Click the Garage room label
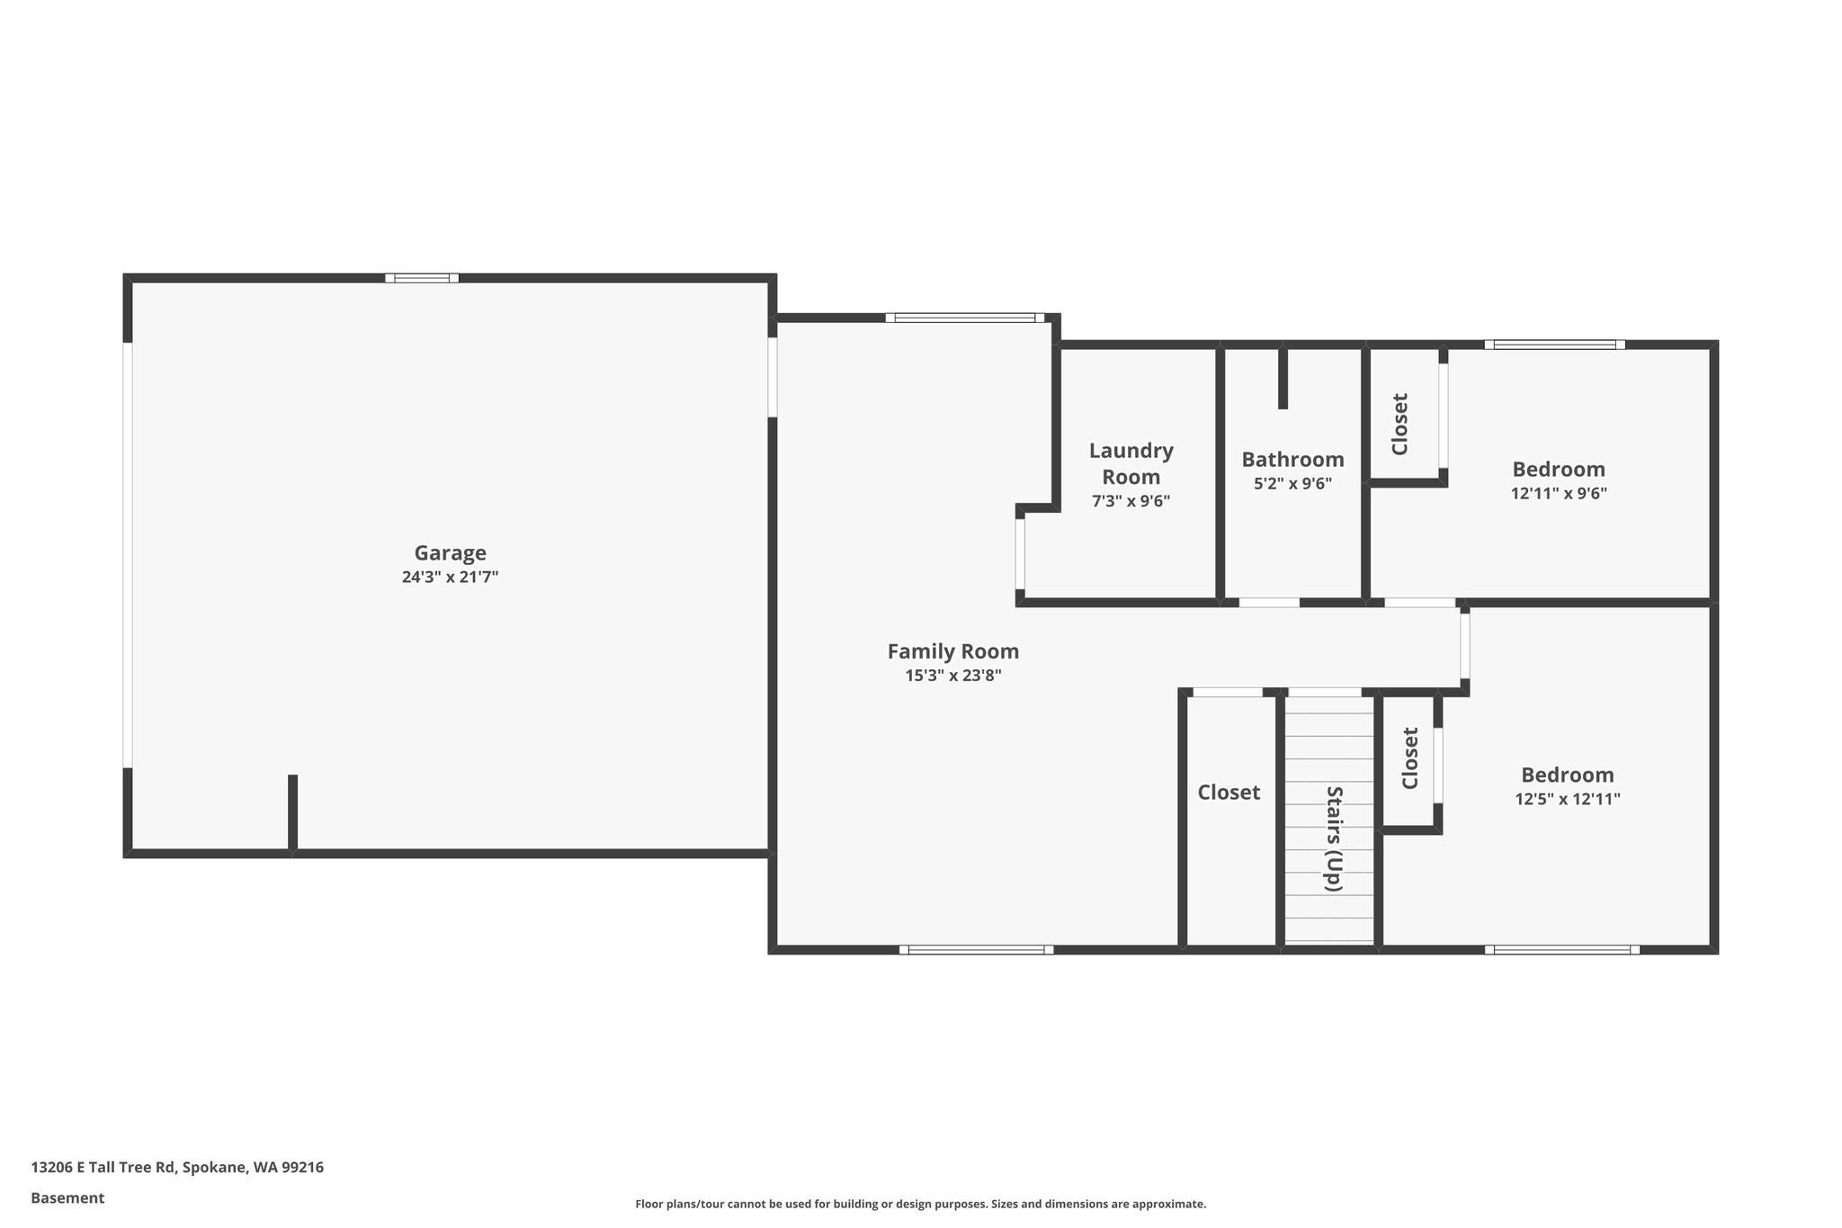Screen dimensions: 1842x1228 point(450,553)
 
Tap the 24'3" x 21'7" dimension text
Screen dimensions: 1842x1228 point(450,578)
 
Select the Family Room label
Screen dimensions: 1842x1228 point(953,651)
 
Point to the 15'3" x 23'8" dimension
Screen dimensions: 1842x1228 point(953,676)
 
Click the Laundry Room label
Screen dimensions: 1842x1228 point(1131,463)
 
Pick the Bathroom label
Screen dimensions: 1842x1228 point(1293,460)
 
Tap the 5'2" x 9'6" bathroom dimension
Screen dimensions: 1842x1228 point(1293,483)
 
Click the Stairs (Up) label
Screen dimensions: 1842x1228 point(1334,838)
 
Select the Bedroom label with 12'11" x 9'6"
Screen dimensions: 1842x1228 point(1559,470)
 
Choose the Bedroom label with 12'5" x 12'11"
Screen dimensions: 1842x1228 point(1568,775)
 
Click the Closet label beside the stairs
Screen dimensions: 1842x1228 point(1229,793)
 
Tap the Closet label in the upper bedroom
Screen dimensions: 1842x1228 point(1399,424)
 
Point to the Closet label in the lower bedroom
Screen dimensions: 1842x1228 point(1410,758)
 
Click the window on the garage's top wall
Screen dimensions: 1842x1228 point(422,278)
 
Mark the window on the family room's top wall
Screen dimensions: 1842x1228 point(965,318)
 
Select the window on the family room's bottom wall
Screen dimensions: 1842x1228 point(976,949)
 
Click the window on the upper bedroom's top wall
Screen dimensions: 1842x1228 point(1555,345)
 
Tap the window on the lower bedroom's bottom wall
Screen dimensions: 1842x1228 point(1562,949)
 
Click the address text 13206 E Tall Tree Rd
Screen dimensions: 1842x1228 point(103,1168)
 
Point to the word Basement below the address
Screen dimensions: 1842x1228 point(67,1198)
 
